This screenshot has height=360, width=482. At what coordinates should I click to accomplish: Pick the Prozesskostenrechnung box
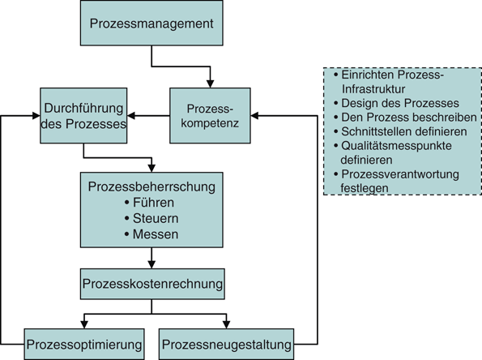[151, 285]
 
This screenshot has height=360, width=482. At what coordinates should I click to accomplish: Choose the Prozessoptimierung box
[85, 345]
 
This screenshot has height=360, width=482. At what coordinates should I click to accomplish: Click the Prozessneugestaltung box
[226, 345]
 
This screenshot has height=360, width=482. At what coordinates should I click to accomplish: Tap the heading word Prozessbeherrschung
[151, 187]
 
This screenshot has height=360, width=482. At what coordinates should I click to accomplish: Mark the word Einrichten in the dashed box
[365, 75]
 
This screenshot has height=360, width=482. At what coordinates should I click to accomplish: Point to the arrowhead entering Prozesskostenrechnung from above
[151, 264]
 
